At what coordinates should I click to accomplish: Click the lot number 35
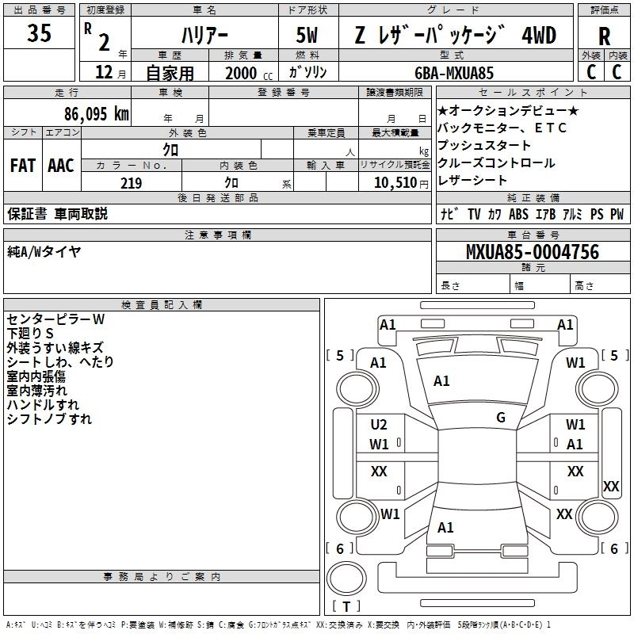[40, 35]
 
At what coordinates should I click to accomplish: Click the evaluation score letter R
[604, 36]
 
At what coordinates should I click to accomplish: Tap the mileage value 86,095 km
[96, 113]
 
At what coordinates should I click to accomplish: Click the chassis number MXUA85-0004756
[533, 253]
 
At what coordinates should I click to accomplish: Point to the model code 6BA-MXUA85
[454, 73]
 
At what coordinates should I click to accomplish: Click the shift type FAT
[22, 166]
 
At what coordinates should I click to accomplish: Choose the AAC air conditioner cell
[60, 166]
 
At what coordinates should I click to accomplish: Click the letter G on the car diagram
[501, 418]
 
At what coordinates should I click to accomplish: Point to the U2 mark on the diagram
[379, 425]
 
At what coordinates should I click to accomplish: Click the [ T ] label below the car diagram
[346, 606]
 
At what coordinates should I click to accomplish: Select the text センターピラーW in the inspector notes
[55, 319]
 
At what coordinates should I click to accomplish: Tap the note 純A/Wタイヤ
[44, 252]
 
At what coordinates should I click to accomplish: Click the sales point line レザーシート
[472, 181]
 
